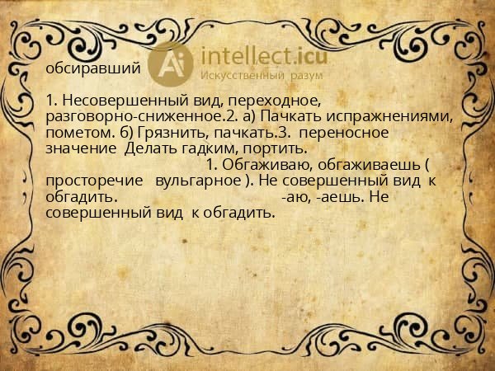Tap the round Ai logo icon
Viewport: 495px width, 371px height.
click(x=172, y=63)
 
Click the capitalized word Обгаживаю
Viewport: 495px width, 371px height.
click(x=252, y=165)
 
